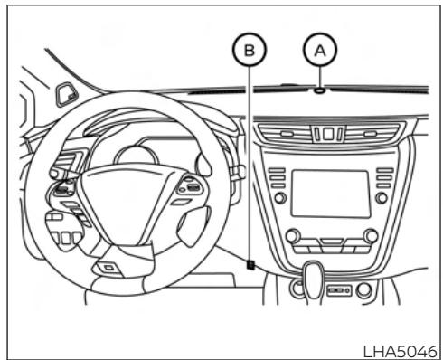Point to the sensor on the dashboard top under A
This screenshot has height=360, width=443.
tap(321, 89)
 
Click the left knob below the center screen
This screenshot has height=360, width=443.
tap(292, 236)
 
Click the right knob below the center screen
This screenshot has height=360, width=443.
tap(369, 236)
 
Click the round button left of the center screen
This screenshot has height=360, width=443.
tap(280, 196)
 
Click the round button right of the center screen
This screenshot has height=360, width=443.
tap(382, 196)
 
